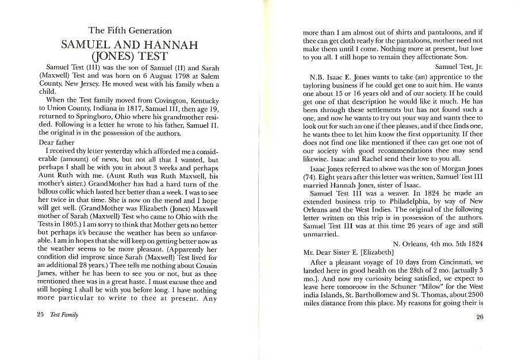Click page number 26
(x=481, y=317)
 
